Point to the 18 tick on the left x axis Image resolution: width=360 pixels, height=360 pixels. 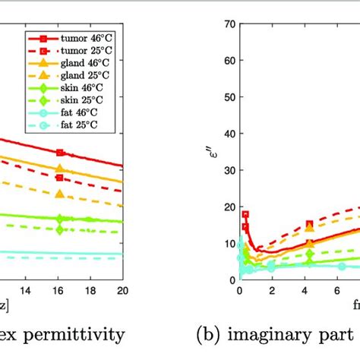click(90, 290)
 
